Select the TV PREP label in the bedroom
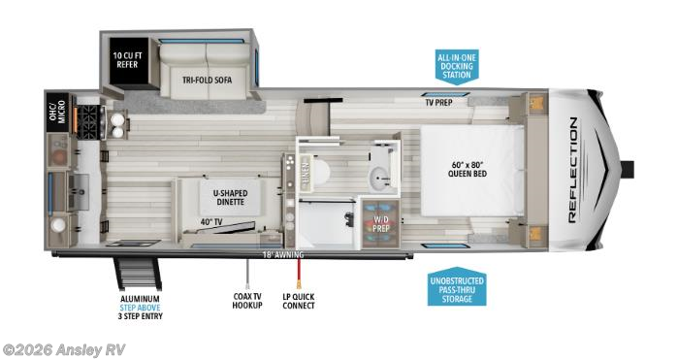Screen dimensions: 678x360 [x=440, y=102]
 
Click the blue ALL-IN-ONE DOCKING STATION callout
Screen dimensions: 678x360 [x=456, y=66]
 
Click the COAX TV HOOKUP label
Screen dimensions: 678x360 [x=245, y=301]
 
